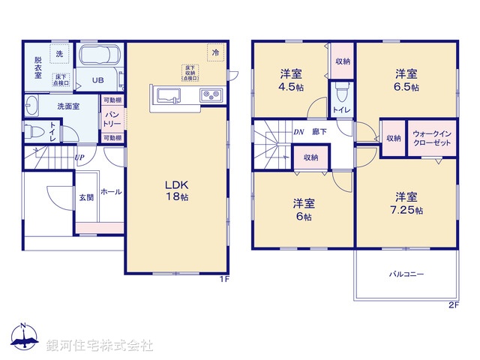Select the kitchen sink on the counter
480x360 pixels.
pyautogui.click(x=169, y=94)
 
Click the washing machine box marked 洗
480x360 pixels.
pyautogui.click(x=59, y=55)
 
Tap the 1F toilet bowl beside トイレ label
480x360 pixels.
pyautogui.click(x=33, y=130)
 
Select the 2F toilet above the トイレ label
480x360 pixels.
pyautogui.click(x=342, y=93)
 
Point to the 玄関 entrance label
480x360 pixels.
pyautogui.click(x=86, y=197)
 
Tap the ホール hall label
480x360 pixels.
pyautogui.click(x=111, y=192)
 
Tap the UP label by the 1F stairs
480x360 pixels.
pyautogui.click(x=79, y=157)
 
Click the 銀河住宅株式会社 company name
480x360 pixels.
pyautogui.click(x=100, y=345)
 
